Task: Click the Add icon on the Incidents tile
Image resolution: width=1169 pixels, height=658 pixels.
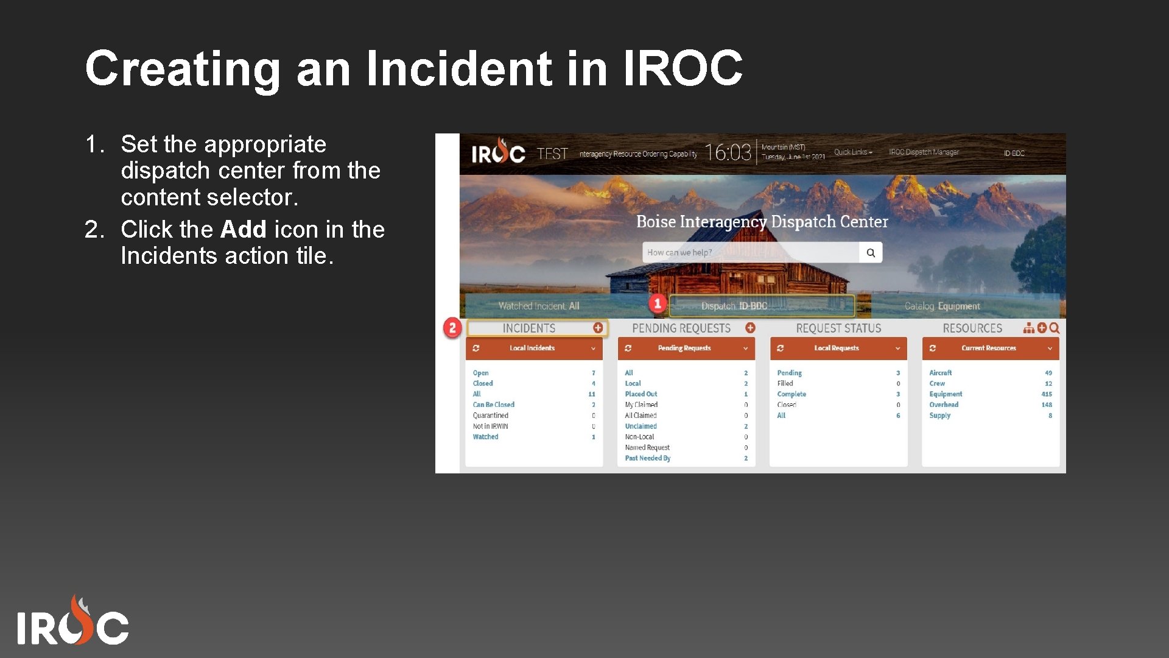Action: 598,328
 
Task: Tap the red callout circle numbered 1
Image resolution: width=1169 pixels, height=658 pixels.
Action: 657,303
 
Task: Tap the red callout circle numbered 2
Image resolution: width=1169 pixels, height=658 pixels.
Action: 452,328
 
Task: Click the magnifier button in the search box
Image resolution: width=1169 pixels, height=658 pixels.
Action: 871,253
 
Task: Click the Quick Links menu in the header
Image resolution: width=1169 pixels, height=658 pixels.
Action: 852,152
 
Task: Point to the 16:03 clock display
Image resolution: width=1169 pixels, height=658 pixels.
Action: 728,152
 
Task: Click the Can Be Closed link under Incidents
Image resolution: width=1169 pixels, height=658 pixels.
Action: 493,405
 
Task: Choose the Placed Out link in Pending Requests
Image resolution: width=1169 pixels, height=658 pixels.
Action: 641,394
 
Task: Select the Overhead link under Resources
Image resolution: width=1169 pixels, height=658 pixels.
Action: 944,405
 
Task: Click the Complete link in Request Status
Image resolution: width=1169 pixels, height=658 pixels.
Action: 791,394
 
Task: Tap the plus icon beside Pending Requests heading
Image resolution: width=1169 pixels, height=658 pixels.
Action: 750,328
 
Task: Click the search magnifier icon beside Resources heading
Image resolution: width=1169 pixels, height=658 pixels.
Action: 1055,328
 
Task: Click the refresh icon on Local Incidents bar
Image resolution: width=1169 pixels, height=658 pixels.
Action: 476,348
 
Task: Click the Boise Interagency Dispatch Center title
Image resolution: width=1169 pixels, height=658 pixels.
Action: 762,222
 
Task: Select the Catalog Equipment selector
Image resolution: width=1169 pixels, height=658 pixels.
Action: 942,306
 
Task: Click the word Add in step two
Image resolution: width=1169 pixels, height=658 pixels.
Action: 243,230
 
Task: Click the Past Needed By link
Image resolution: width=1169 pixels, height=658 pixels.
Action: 647,458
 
